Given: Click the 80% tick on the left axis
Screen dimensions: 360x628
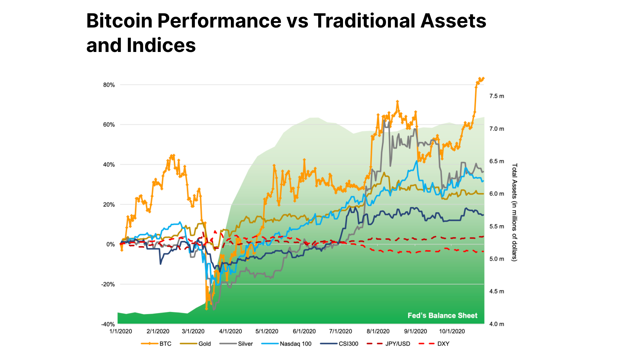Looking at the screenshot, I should click(x=109, y=85).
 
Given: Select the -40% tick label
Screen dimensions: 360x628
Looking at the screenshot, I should click(x=108, y=324).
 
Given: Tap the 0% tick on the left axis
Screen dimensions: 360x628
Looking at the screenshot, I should click(x=111, y=244).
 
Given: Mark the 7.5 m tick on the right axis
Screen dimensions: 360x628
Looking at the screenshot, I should click(x=497, y=96).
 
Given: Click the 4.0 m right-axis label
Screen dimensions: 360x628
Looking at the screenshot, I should click(x=497, y=324).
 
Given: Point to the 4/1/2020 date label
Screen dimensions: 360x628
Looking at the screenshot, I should click(x=231, y=332).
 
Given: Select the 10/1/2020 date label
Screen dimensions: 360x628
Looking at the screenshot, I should click(x=452, y=332).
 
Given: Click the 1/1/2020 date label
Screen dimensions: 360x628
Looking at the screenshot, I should click(x=121, y=332).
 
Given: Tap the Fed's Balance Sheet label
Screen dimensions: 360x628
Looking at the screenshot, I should click(x=442, y=316).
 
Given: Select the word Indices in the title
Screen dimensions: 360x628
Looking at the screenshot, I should click(x=161, y=45).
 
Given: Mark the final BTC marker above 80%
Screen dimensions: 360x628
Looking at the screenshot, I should click(x=483, y=79).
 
